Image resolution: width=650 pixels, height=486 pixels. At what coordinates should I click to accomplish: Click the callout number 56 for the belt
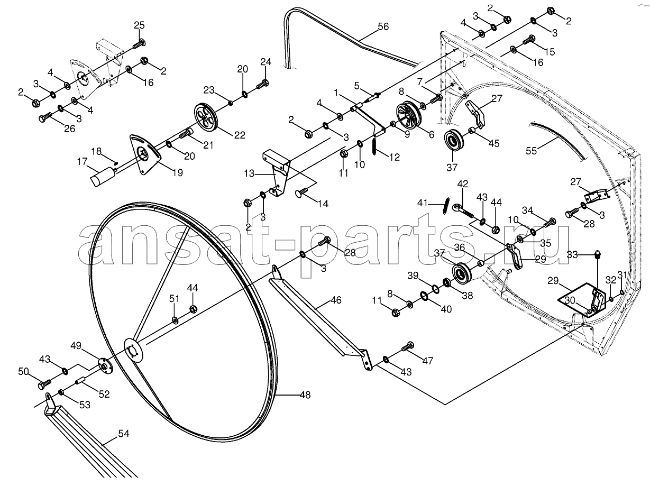pos(383,26)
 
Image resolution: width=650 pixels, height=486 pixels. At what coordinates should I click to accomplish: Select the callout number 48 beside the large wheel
pos(305,395)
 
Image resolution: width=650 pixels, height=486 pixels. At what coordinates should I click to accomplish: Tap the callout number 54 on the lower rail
pos(124,434)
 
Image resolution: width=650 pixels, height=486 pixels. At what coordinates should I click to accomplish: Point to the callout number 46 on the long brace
pos(336,300)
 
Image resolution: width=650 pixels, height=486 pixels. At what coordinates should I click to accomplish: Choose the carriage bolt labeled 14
pos(303,192)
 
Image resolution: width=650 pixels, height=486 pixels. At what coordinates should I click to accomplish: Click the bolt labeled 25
pos(139,43)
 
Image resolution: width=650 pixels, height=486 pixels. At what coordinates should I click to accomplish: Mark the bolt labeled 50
pos(45,383)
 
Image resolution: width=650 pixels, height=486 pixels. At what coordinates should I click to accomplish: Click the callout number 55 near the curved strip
pos(531,151)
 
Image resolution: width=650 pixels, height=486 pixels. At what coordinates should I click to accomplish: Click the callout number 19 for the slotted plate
pos(177,172)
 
